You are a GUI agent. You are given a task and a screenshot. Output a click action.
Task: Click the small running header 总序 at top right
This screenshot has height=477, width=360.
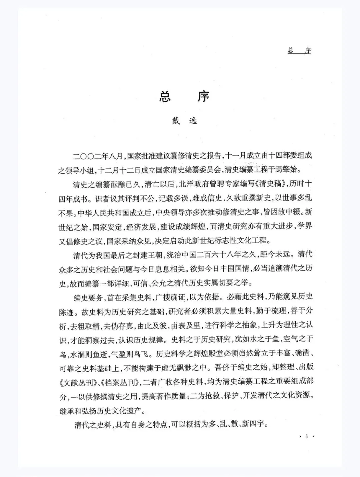[x=299, y=51]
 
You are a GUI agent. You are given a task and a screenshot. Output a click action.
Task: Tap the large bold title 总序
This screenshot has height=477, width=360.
[x=184, y=97]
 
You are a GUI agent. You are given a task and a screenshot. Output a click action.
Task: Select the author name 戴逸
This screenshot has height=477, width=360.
[x=184, y=121]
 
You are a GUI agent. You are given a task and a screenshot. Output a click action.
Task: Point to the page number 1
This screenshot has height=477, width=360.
[x=307, y=437]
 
